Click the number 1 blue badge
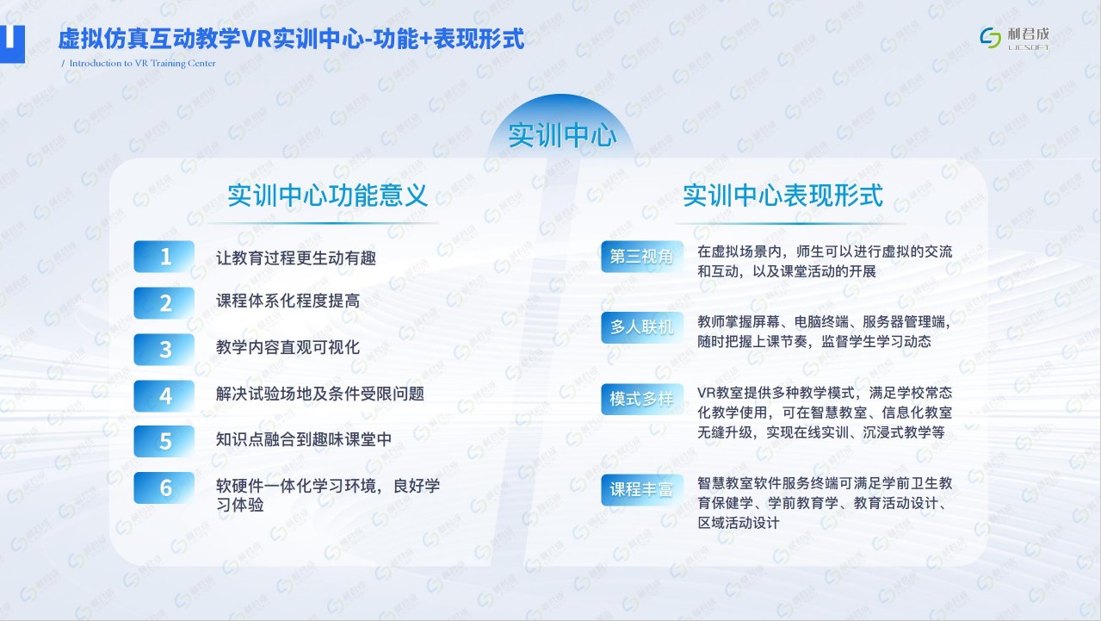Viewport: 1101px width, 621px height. pos(164,256)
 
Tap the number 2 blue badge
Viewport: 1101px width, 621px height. pos(164,303)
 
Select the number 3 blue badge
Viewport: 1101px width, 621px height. pos(164,349)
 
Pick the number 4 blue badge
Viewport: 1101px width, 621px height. pos(164,396)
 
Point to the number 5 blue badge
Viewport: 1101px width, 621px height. pos(164,441)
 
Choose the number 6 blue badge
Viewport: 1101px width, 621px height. pos(164,487)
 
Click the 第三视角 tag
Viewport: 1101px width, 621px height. pos(641,256)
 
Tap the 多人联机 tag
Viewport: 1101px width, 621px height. pos(641,327)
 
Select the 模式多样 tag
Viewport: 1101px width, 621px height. pos(641,399)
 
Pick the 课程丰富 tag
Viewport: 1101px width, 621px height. pos(641,490)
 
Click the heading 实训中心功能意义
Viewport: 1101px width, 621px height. pos(327,196)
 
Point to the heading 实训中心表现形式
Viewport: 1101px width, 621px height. pos(783,196)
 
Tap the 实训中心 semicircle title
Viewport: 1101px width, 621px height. pos(561,135)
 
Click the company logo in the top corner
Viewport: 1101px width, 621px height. pos(1015,39)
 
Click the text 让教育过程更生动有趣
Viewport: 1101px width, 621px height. pos(296,258)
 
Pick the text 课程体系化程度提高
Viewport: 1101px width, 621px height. pos(288,301)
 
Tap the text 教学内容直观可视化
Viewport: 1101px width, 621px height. pos(288,347)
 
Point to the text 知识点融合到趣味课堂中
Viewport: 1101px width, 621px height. pos(304,439)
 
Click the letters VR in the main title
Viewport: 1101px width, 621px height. pos(256,40)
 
